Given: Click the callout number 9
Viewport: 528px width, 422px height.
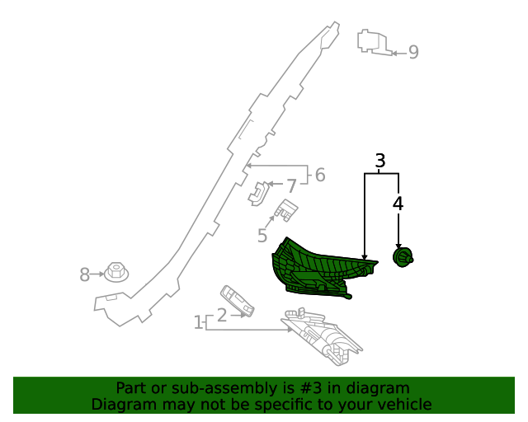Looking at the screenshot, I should click(x=413, y=53).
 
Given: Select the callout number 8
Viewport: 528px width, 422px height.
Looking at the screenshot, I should click(x=84, y=275).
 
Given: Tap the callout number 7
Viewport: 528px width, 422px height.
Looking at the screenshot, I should click(x=290, y=186).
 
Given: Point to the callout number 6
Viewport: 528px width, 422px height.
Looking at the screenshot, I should click(x=320, y=175).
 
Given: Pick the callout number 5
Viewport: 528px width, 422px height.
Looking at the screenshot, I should click(x=262, y=237).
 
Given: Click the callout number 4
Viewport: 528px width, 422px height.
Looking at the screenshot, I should click(x=398, y=203).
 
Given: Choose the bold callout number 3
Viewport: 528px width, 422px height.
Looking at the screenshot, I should click(x=380, y=161).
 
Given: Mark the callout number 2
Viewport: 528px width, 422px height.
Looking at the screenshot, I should click(x=221, y=315).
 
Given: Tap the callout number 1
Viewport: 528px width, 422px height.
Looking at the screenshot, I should click(x=198, y=322).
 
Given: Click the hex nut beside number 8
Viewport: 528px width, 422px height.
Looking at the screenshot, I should click(x=116, y=271).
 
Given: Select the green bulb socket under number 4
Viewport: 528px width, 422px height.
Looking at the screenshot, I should click(x=403, y=259).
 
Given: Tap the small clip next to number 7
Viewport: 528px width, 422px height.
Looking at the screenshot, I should click(x=257, y=193).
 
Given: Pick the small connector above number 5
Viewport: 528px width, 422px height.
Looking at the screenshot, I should click(x=285, y=211).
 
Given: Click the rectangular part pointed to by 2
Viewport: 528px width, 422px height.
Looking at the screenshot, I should click(x=236, y=301).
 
